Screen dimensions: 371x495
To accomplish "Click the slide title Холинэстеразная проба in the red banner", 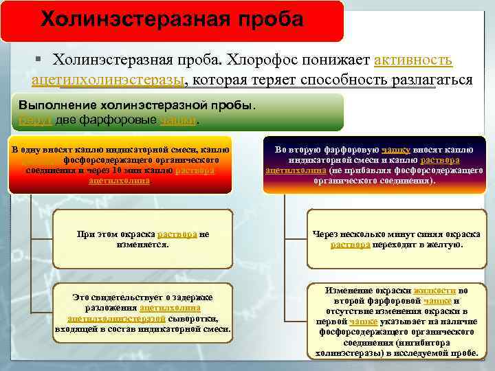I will [172, 19].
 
